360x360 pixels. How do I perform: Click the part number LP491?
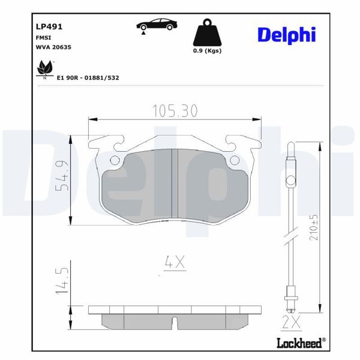pyautogui.click(x=49, y=26)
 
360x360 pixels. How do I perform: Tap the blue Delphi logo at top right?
pyautogui.click(x=286, y=35)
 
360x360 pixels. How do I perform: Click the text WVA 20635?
pyautogui.click(x=54, y=46)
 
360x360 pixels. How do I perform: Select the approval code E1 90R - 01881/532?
pyautogui.click(x=88, y=77)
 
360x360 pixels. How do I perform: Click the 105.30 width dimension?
pyautogui.click(x=174, y=111)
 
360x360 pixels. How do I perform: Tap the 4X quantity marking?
pyautogui.click(x=174, y=262)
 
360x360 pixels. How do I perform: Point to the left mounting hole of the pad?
pyautogui.click(x=115, y=160)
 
